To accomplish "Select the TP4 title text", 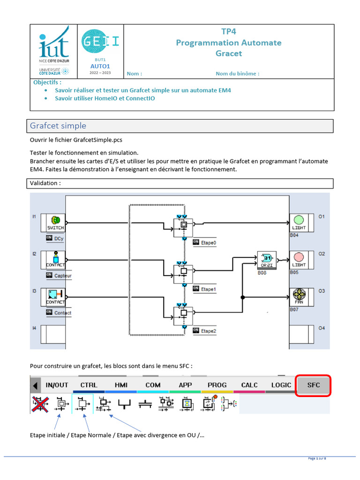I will point(229,32).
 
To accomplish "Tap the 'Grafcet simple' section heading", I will point(58,126).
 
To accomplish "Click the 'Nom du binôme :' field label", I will point(237,74).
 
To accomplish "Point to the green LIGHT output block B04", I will point(299,222).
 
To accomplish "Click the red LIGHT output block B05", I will point(299,259).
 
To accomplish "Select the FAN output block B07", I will point(299,297).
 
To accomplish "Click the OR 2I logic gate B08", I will point(266,259).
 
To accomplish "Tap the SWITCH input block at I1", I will point(55,222).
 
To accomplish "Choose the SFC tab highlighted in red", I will point(314,385).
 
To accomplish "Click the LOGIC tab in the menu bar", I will point(281,385).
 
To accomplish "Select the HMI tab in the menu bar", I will point(121,385).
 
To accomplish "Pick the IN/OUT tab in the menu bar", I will point(57,385).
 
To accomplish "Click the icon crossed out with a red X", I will point(40,404).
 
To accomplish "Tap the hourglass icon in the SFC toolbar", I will point(187,404).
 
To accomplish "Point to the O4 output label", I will point(322,328).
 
